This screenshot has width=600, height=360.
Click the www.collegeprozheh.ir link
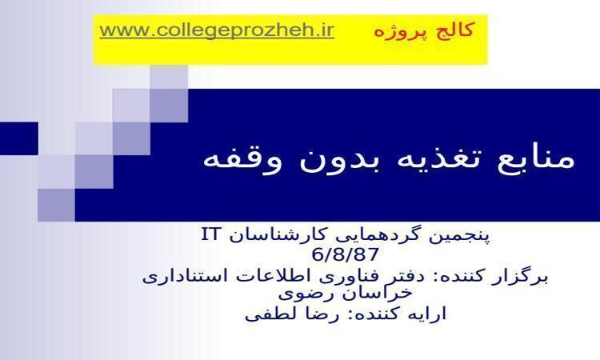pyautogui.click(x=217, y=30)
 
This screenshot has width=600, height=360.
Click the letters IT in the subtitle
pyautogui.click(x=210, y=234)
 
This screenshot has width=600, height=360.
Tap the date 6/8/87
pyautogui.click(x=346, y=254)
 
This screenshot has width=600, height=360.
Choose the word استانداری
pyautogui.click(x=182, y=276)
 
